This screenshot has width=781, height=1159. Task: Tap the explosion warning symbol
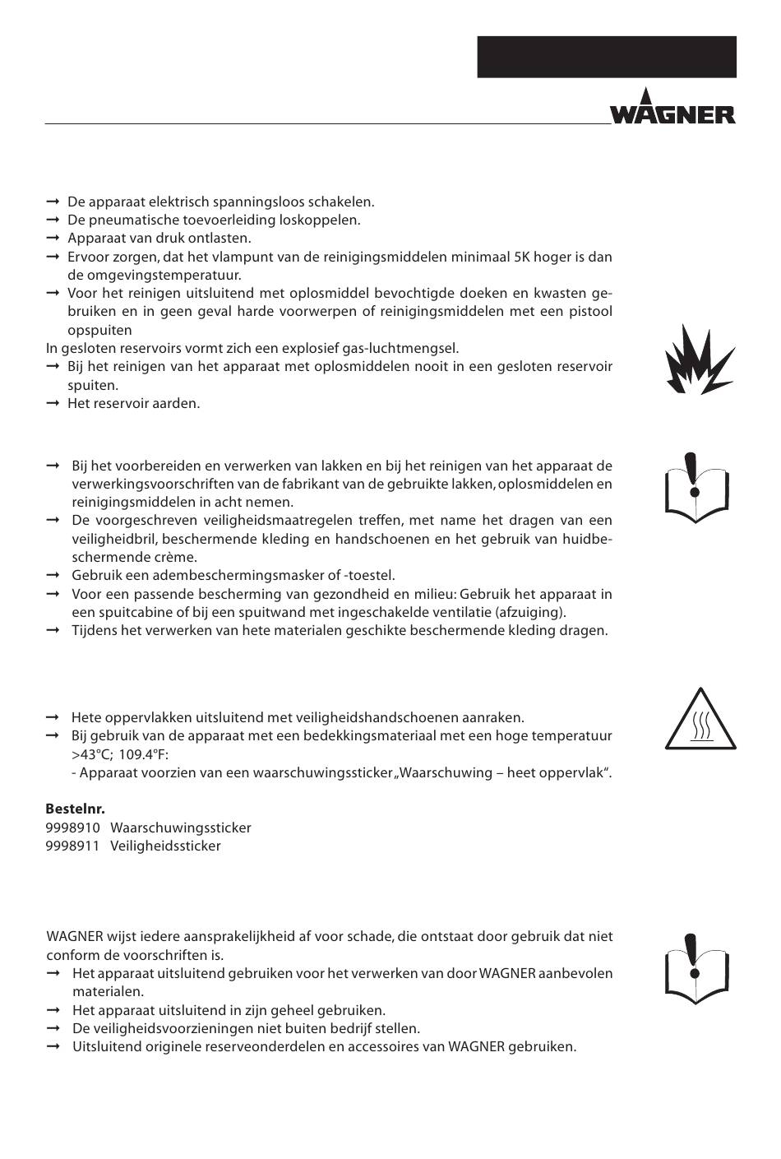coord(699,359)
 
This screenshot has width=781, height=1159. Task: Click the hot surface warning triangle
coord(700,721)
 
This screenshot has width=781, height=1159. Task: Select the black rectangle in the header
coord(607,57)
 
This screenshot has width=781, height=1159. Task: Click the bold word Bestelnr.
coord(76,809)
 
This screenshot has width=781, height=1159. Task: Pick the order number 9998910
coord(73,828)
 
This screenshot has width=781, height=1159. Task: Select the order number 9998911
coord(73,846)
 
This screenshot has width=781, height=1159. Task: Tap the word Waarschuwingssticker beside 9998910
coord(181,828)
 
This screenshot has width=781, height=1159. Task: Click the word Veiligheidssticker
coord(165,846)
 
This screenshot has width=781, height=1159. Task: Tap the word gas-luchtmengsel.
coord(406,348)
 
